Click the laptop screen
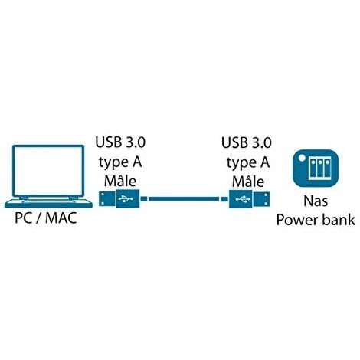(48, 171)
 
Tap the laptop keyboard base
(48, 203)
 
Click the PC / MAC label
(46, 218)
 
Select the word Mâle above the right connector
(248, 181)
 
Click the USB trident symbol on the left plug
(126, 198)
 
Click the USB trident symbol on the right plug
(243, 198)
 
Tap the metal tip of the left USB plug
(107, 198)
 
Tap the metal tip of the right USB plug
(261, 199)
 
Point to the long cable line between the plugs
(184, 198)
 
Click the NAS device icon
(316, 168)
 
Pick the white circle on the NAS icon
(302, 158)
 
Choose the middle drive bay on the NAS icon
(319, 168)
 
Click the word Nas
(316, 201)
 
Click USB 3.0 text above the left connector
(120, 142)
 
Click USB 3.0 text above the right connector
(247, 142)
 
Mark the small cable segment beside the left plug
(144, 198)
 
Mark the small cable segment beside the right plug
(224, 199)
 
